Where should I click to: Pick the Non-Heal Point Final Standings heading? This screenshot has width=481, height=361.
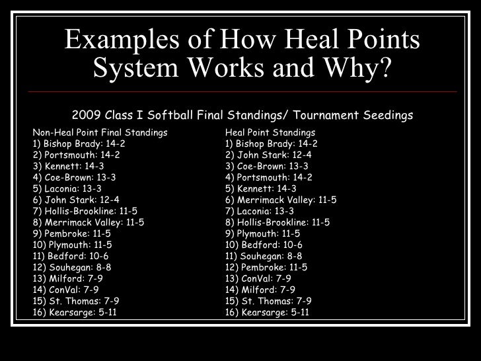(x=100, y=132)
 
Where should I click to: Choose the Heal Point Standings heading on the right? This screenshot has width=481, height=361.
(x=270, y=132)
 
